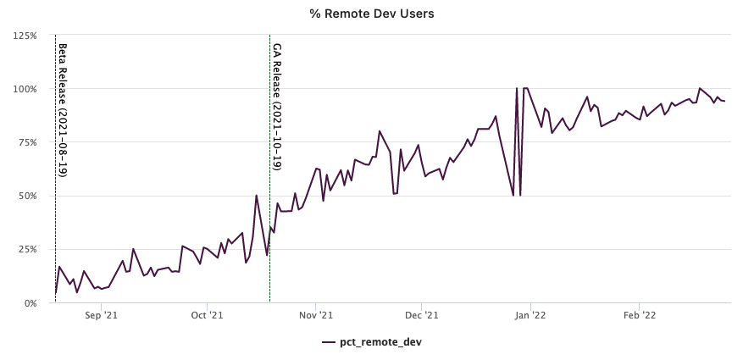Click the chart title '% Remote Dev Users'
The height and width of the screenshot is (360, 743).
[x=372, y=14]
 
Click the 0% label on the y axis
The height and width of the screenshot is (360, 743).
[x=31, y=303]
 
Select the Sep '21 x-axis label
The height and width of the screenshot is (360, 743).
[x=101, y=314]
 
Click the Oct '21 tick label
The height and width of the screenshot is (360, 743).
[x=207, y=314]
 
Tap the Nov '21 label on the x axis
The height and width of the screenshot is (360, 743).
[x=316, y=314]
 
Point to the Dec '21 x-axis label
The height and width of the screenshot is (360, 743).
[x=421, y=314]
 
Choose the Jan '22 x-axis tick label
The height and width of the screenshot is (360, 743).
[x=530, y=314]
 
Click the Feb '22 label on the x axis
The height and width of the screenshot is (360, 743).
[x=640, y=314]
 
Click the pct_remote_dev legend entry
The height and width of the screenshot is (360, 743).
[x=371, y=342]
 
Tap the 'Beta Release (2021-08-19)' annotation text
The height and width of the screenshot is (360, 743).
[x=63, y=110]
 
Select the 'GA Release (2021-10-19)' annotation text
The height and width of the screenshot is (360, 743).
[x=277, y=107]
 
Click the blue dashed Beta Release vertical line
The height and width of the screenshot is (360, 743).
[x=55, y=169]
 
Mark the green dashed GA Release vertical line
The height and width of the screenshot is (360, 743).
[x=269, y=169]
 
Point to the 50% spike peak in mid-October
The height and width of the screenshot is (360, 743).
[x=257, y=195]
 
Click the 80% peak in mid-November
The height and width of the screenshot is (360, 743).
[x=379, y=131]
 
